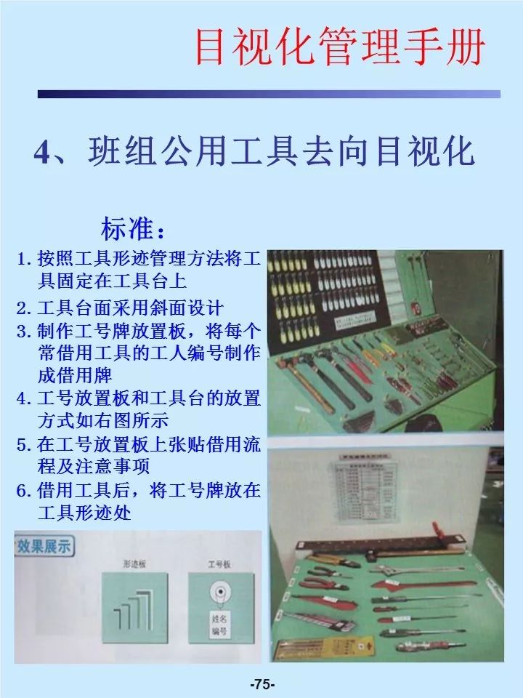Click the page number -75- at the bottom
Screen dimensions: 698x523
pos(261,684)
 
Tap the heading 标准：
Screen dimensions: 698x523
pos(133,229)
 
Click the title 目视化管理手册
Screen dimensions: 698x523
pos(339,46)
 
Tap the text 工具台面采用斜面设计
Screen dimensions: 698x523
pos(131,308)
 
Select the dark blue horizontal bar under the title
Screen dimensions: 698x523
pos(269,94)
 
